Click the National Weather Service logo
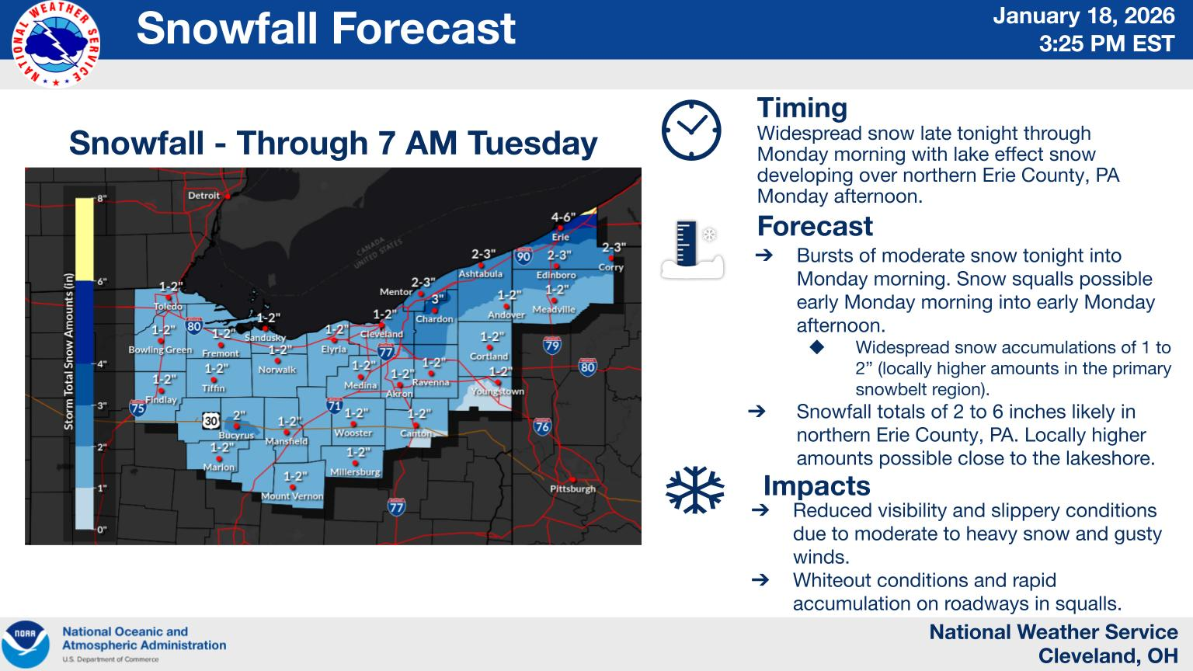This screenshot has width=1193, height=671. [56, 44]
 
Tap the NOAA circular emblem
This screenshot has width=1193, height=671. [25, 645]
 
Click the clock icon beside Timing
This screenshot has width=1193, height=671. [690, 130]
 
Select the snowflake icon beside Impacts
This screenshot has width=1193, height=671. [694, 490]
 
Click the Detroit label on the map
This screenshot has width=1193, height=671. [203, 196]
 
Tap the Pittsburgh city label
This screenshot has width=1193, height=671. [572, 488]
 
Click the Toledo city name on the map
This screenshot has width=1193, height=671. [168, 306]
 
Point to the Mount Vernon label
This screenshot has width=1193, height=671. [292, 496]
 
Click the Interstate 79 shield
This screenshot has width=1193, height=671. [551, 345]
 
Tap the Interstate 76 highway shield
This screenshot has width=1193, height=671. [542, 426]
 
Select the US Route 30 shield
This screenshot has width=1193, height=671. [211, 420]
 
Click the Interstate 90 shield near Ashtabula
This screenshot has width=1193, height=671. [523, 256]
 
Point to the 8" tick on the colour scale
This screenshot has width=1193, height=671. [101, 199]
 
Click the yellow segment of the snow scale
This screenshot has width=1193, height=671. [84, 239]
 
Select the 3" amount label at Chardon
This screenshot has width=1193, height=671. [437, 298]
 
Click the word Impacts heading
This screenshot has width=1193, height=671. [816, 485]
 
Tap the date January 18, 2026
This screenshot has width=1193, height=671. [1084, 16]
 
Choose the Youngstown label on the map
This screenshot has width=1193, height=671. [497, 391]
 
